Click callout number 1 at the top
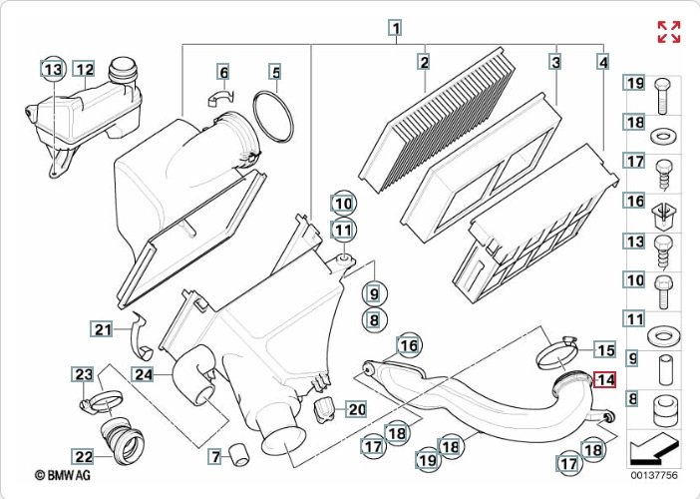coord(396,28)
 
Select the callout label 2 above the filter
coord(424,62)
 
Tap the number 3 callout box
coord(555,62)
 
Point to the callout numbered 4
coord(602,62)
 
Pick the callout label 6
coord(223,72)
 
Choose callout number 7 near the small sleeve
coord(214,456)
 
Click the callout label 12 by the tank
coord(85,69)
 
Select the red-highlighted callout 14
coord(605,379)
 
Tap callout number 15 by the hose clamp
coord(605,349)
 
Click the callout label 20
coord(356,409)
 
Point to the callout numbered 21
coord(103,328)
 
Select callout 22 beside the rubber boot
coord(84,456)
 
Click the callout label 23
coord(84,374)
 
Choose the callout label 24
coord(144,375)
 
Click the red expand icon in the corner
coord(668,31)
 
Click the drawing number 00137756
coord(653,477)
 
